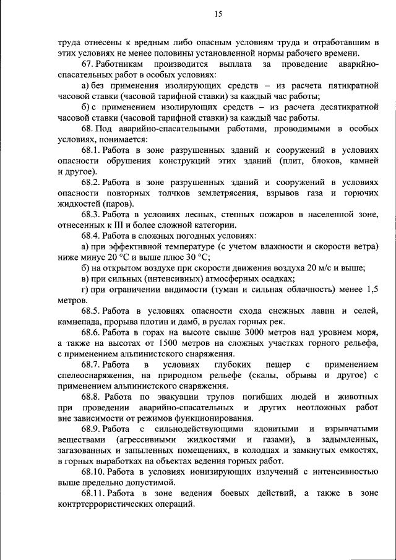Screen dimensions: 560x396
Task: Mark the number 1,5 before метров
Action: coord(371,289)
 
